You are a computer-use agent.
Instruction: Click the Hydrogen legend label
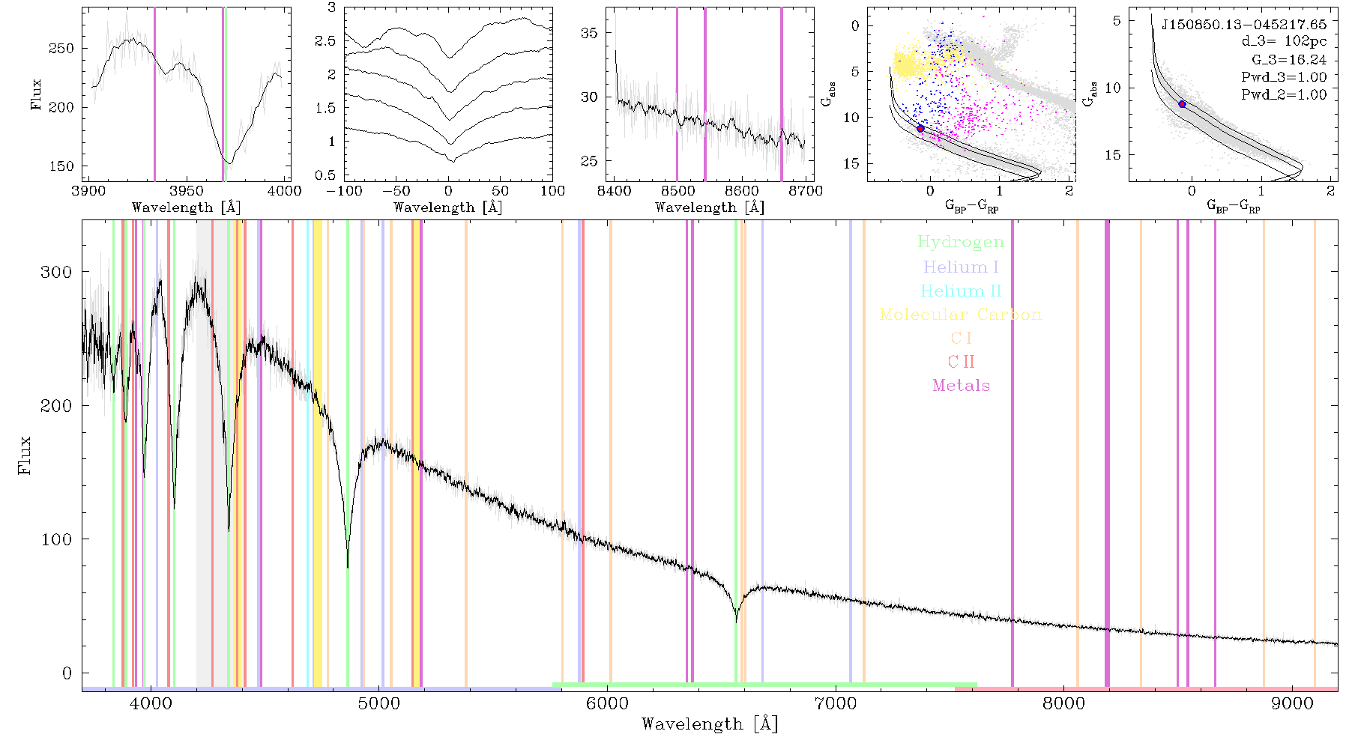[960, 242]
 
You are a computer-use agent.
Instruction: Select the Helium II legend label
[961, 291]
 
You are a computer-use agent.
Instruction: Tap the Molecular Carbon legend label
[961, 315]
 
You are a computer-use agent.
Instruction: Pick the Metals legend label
[961, 385]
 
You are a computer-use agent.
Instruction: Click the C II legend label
[961, 362]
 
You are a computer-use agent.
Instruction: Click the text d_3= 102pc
[1284, 42]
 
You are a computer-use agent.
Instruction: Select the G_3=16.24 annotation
[1289, 60]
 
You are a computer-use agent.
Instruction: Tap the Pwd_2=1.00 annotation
[1284, 94]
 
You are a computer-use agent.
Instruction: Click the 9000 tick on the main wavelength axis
[1292, 703]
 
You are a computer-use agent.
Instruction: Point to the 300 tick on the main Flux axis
[56, 272]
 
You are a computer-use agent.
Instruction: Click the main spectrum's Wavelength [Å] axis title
[710, 724]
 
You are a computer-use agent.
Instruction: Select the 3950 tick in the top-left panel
[187, 191]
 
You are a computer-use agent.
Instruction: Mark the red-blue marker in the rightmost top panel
[1182, 104]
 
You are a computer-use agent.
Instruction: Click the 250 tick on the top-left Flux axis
[61, 49]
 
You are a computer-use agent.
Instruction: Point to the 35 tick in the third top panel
[589, 33]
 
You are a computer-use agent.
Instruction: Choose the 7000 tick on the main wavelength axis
[836, 703]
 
